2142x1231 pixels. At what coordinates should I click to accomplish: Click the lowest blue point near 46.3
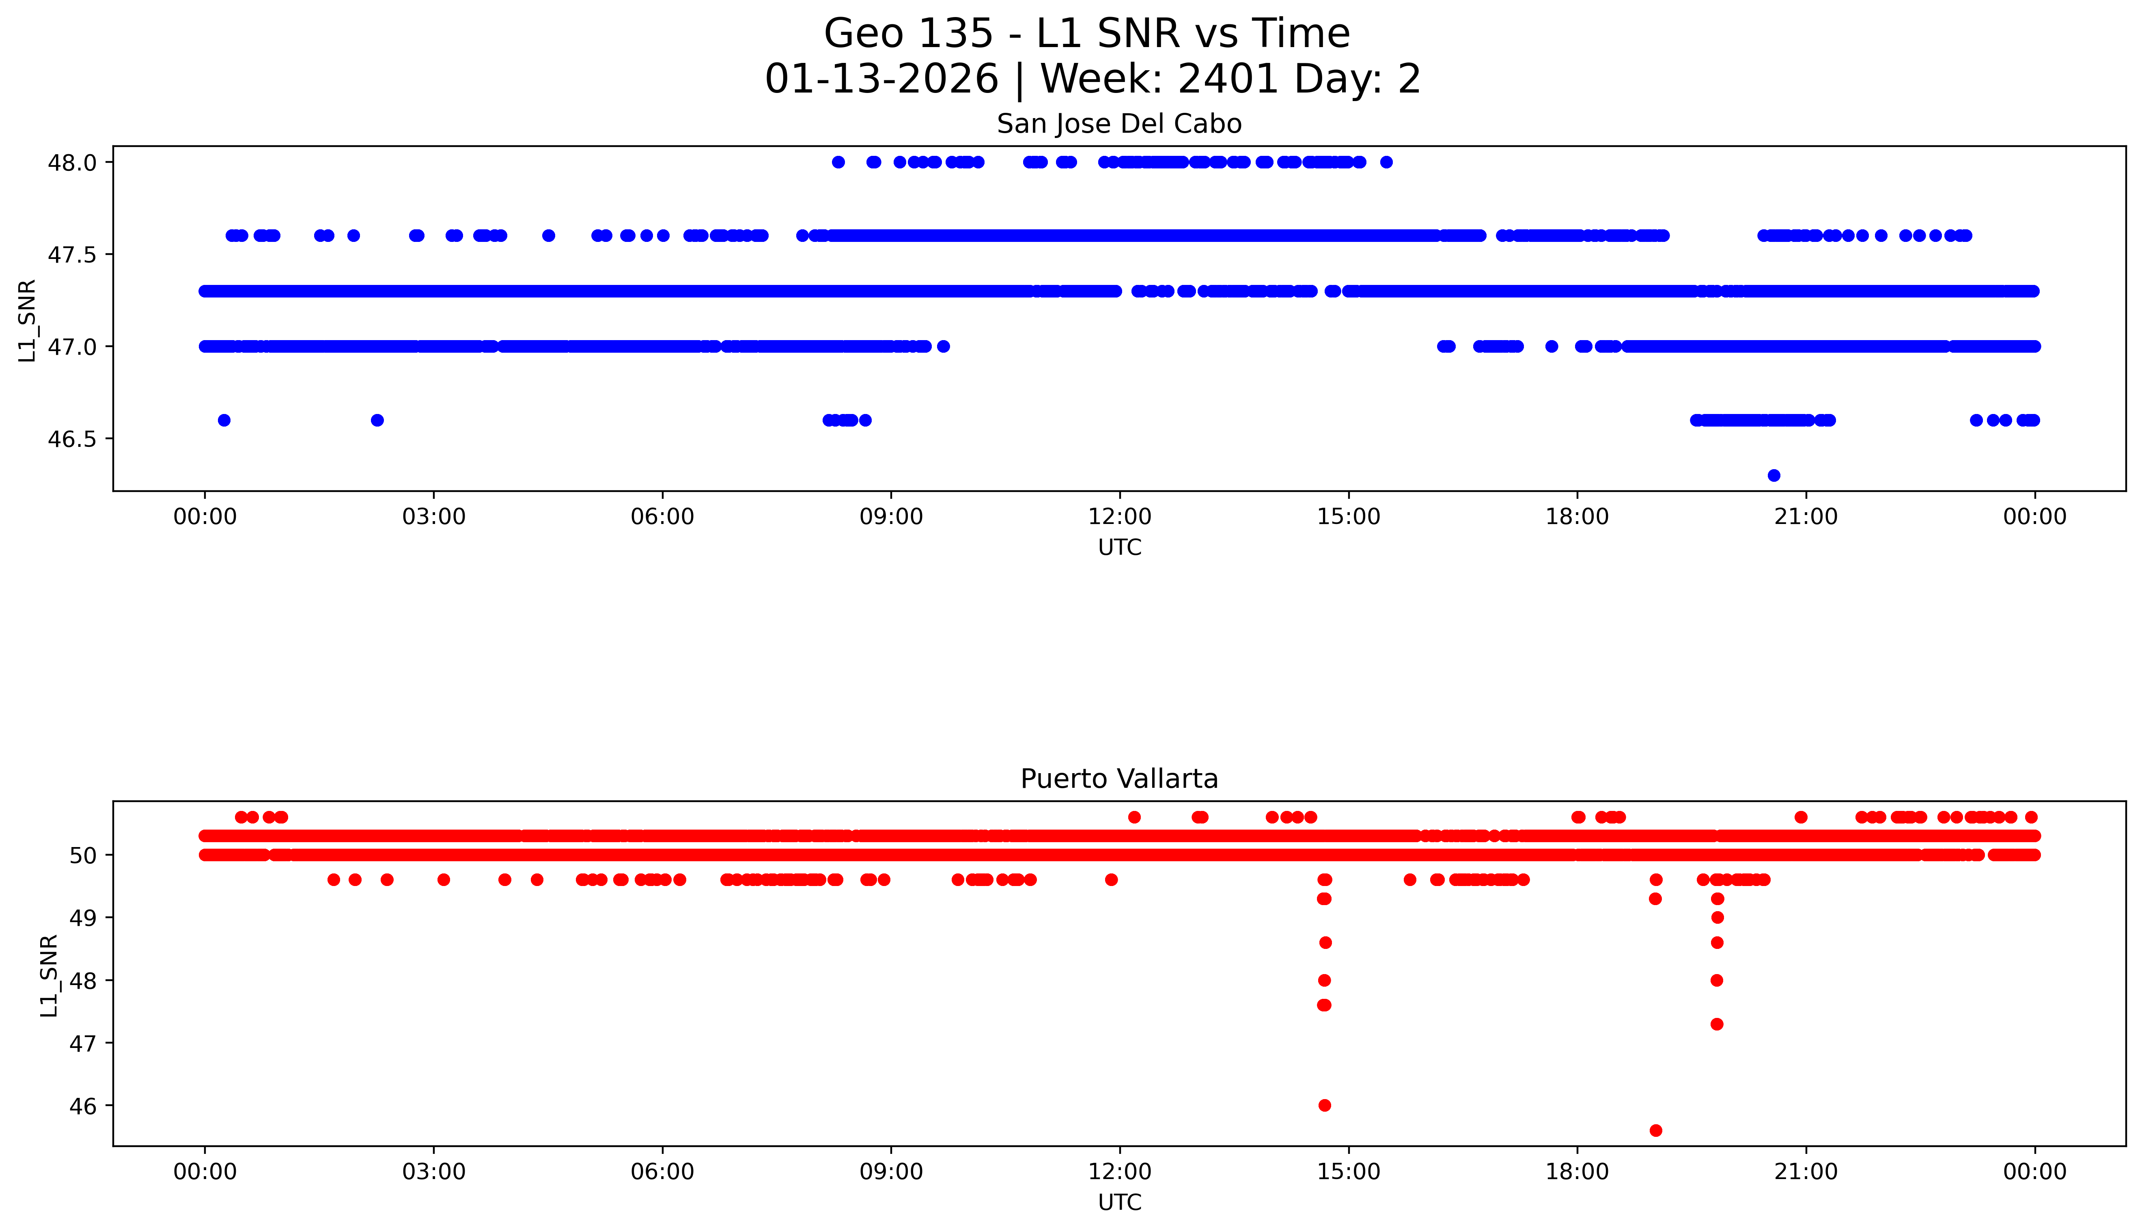[x=1774, y=475]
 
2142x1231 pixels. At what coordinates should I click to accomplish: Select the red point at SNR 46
[x=1325, y=1105]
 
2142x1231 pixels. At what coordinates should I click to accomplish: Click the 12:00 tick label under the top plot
[x=1119, y=517]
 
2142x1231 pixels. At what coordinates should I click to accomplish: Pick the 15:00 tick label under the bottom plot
[x=1348, y=1172]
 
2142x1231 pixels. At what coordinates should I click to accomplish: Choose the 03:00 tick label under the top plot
[x=434, y=517]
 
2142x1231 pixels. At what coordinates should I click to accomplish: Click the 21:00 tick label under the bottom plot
[x=1806, y=1172]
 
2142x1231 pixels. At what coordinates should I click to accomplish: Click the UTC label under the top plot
[x=1119, y=548]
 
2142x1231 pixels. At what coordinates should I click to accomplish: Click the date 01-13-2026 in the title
[x=881, y=80]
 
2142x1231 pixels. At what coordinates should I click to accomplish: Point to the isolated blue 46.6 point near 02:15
[x=377, y=420]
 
